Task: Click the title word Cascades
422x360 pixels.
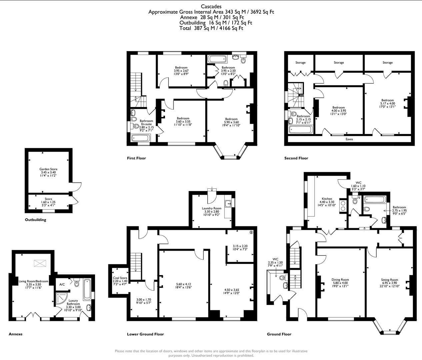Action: click(x=211, y=6)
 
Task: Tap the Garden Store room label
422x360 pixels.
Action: click(x=48, y=169)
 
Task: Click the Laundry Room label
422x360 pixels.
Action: click(x=212, y=208)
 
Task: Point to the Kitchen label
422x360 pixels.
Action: click(x=327, y=199)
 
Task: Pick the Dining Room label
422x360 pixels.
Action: click(x=340, y=280)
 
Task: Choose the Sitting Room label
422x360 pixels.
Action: click(x=389, y=280)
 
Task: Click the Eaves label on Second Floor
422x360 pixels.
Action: click(x=349, y=139)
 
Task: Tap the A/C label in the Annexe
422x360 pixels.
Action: click(x=62, y=284)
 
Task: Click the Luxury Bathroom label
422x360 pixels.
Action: click(x=73, y=302)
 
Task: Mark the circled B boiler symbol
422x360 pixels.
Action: click(x=251, y=232)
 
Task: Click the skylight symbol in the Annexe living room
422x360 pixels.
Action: click(x=40, y=263)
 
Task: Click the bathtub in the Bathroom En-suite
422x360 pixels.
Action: click(x=140, y=138)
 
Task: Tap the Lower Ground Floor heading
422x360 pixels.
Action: click(x=145, y=334)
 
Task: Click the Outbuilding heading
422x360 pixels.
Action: click(x=35, y=220)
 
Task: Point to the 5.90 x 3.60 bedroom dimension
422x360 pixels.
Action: click(x=231, y=122)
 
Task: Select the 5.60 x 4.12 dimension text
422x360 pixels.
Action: click(x=183, y=284)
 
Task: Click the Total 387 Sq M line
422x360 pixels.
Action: click(x=211, y=28)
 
